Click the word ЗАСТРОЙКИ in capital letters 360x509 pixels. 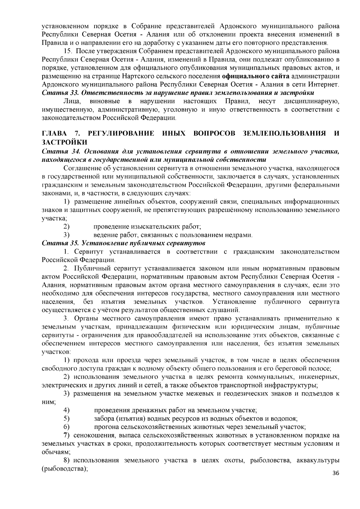pos(64,141)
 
